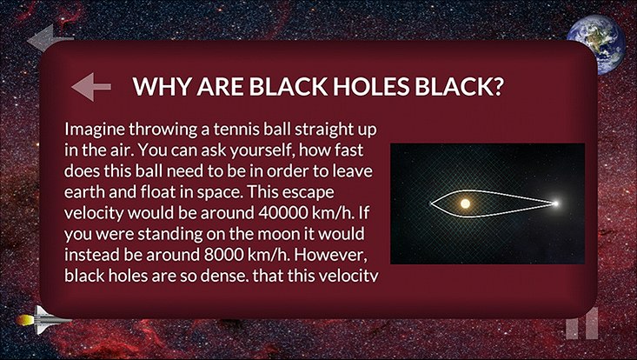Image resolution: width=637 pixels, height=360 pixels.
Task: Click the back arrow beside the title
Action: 90,87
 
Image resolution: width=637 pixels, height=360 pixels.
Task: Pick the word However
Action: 344,255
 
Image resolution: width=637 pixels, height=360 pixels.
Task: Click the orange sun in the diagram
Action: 465,203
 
